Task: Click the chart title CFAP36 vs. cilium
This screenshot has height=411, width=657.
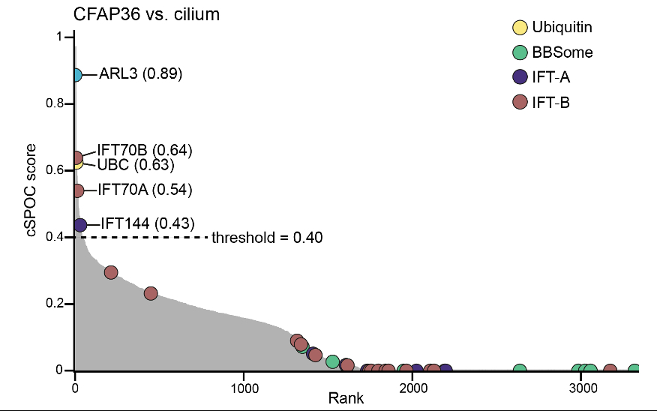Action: [x=146, y=13]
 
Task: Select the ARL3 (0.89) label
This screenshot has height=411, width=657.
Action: [x=141, y=74]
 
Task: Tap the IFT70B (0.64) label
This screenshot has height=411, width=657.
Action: [x=145, y=150]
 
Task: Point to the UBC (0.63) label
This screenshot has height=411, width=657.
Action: [x=136, y=164]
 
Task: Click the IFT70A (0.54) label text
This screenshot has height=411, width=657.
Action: [x=145, y=190]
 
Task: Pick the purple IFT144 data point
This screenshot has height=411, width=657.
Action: [x=80, y=224]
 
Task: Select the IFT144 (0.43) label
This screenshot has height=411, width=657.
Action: [x=147, y=223]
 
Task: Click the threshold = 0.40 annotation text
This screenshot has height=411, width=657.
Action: [x=267, y=238]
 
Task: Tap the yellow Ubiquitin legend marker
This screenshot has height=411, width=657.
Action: [x=519, y=28]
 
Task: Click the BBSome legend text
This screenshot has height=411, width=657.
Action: [x=562, y=52]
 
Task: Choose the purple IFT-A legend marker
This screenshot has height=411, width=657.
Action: [x=519, y=76]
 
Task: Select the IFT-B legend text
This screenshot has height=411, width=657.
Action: [x=551, y=102]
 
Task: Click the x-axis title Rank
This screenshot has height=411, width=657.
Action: [x=346, y=399]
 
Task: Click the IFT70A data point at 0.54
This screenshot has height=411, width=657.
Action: [x=77, y=190]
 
